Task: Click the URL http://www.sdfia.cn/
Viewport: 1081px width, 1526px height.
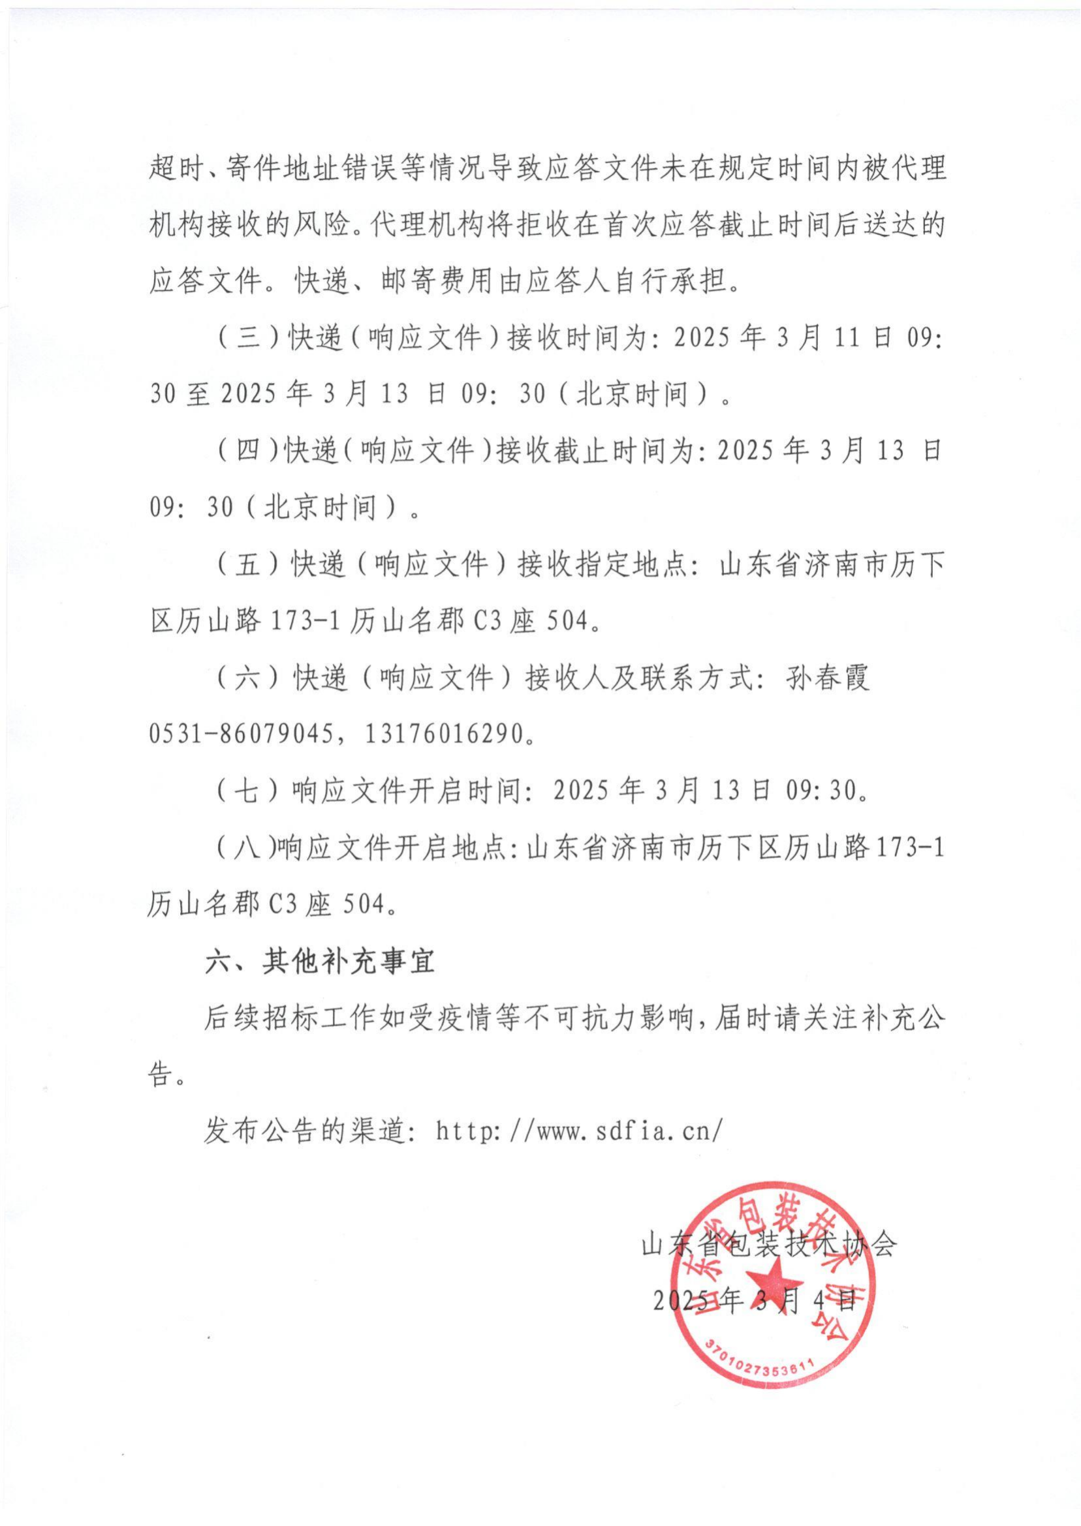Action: point(578,1131)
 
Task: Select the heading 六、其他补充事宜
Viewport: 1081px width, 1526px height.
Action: point(320,961)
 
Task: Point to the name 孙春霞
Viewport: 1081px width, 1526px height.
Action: point(828,678)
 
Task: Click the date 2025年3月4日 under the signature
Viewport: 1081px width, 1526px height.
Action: point(754,1298)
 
